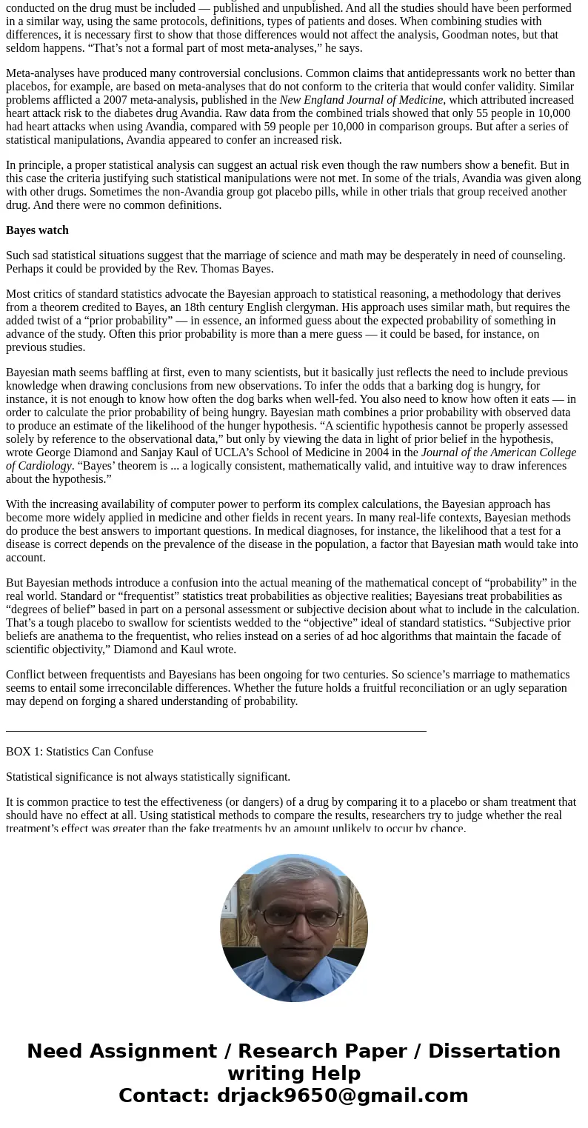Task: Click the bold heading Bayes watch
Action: pos(37,230)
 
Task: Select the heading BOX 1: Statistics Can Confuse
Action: pos(79,752)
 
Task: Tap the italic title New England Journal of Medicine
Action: pos(361,100)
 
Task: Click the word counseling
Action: pos(532,256)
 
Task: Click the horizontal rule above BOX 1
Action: pos(216,731)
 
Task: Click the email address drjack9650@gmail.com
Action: pos(342,1095)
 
